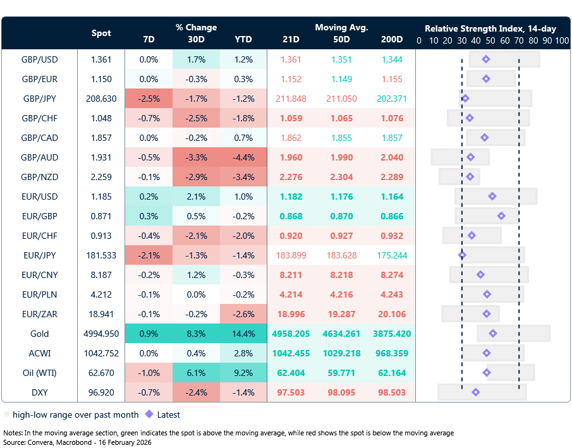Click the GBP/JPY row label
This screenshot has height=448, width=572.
point(39,99)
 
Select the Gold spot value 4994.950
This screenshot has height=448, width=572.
point(102,334)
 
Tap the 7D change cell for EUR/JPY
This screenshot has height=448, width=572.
point(149,255)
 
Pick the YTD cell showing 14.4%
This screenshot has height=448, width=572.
point(243,334)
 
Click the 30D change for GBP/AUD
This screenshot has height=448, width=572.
point(196,157)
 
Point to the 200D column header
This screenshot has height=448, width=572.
point(391,40)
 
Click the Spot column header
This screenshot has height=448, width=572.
point(101,33)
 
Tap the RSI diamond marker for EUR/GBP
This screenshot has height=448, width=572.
point(501,216)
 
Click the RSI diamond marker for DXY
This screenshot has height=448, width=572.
point(476,392)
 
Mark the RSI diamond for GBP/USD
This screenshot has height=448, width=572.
point(485,59)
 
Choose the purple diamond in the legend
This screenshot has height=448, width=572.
point(149,415)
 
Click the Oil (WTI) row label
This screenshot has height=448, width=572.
point(39,373)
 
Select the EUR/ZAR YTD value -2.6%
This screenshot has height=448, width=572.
point(243,314)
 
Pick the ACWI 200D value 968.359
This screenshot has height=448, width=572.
point(391,353)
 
